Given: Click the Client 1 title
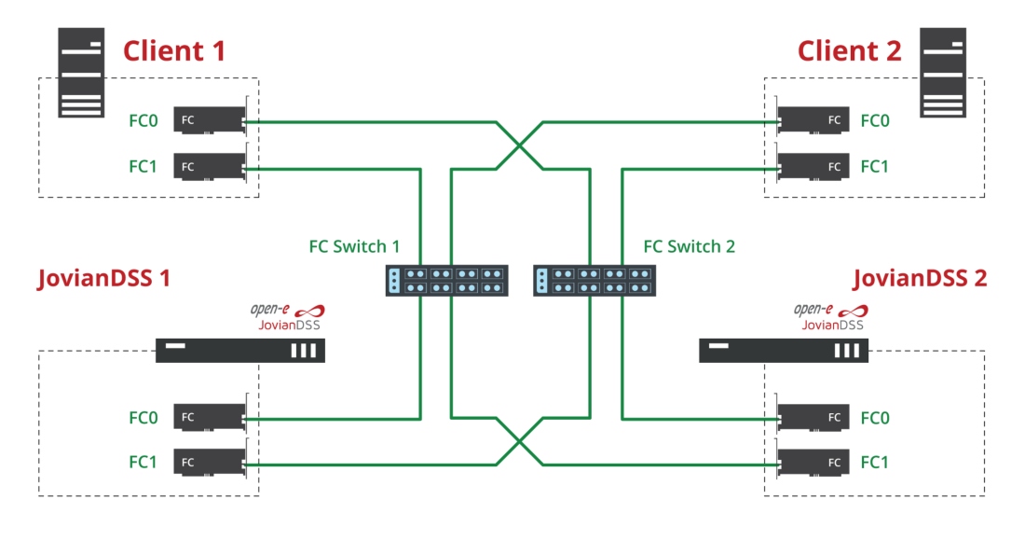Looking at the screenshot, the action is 174,51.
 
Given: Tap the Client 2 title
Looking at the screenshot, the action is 849,51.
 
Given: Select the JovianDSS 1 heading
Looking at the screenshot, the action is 104,278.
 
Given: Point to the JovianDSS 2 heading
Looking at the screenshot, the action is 920,278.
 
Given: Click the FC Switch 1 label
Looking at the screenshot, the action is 354,246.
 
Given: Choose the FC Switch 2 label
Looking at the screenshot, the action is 689,246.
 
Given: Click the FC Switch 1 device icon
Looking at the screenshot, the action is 446,281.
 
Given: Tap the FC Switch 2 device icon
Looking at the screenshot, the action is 594,281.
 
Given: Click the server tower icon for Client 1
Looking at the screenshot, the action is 81,73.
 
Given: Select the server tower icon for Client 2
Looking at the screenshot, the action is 943,73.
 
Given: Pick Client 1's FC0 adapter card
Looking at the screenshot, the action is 211,120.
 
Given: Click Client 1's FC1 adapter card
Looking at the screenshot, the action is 211,167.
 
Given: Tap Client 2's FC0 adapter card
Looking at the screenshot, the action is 812,120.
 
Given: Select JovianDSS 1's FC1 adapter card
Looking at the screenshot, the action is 211,462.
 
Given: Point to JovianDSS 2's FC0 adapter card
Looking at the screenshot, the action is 812,417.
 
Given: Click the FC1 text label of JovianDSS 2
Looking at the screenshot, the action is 875,463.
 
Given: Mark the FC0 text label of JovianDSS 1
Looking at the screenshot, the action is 143,418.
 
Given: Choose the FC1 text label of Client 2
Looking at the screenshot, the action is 875,167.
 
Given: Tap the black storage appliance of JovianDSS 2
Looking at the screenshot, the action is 784,351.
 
